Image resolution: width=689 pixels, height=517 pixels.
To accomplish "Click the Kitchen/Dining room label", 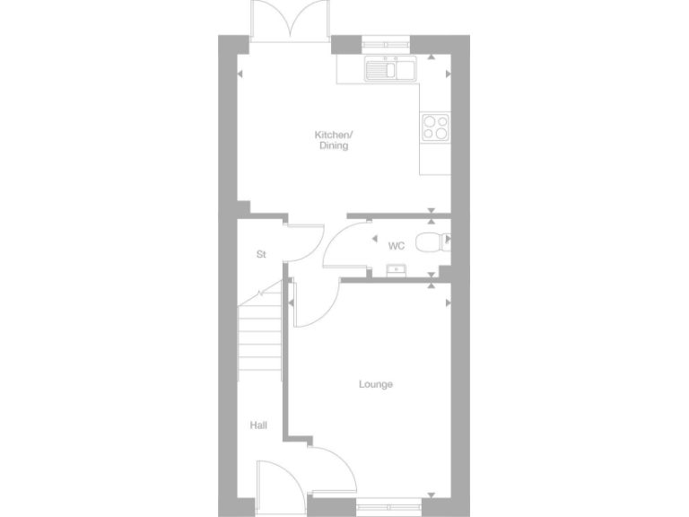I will coord(331,140).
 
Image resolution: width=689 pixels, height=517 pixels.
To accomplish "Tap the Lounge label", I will coord(376,385).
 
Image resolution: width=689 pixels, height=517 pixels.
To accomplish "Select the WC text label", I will coord(397,245).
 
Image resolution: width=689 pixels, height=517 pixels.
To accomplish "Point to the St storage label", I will coord(261,255).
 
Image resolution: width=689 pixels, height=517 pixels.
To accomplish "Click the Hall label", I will coord(258,425).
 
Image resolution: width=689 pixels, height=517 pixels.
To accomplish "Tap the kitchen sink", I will coord(388,69).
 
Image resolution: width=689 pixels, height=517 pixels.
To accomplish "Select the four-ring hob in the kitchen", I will coord(435,127).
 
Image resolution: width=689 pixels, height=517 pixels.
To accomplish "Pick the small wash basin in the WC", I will coord(394,268).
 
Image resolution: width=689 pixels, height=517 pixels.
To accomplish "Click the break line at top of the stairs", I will coord(261,294).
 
